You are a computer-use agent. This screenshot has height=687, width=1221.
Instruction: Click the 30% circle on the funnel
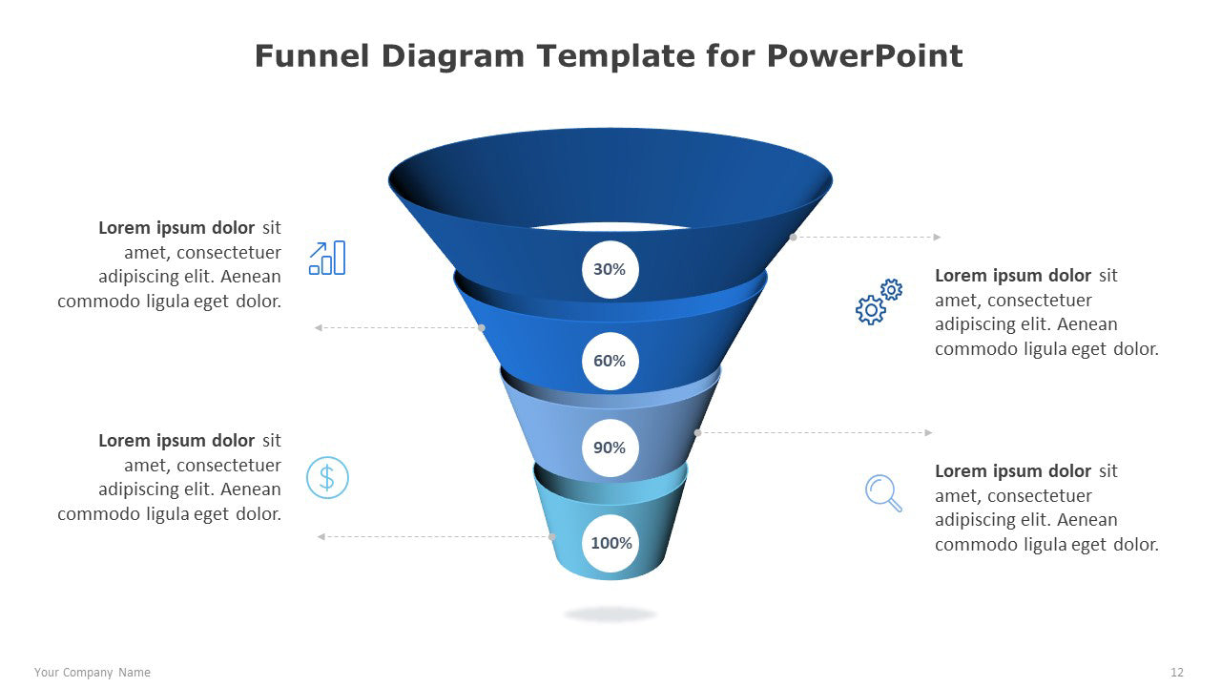pyautogui.click(x=610, y=270)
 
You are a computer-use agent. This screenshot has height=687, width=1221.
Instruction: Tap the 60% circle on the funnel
pyautogui.click(x=610, y=361)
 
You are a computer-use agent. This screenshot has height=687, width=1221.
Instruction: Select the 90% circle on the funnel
pyautogui.click(x=610, y=448)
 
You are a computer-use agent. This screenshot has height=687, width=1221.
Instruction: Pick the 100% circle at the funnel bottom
pyautogui.click(x=610, y=544)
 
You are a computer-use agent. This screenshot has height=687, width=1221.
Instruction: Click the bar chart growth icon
pyautogui.click(x=327, y=258)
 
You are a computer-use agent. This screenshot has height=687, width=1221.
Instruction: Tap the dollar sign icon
pyautogui.click(x=327, y=477)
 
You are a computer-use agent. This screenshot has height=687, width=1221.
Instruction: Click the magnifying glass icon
pyautogui.click(x=883, y=493)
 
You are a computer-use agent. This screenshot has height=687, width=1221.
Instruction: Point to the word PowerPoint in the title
pyautogui.click(x=864, y=56)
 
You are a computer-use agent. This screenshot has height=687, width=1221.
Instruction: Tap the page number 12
pyautogui.click(x=1177, y=673)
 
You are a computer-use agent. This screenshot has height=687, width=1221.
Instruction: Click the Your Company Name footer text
pyautogui.click(x=93, y=673)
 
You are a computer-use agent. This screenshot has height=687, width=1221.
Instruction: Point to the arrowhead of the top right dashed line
pyautogui.click(x=937, y=237)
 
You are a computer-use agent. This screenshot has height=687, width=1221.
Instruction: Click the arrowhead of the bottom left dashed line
pyautogui.click(x=321, y=536)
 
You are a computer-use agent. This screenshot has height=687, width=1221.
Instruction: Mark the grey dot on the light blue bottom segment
pyautogui.click(x=552, y=536)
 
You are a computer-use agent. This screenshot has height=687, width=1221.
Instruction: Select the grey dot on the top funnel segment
pyautogui.click(x=793, y=237)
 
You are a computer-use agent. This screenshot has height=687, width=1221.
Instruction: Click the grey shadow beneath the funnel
pyautogui.click(x=610, y=614)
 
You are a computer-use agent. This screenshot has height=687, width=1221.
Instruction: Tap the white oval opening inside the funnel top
pyautogui.click(x=610, y=227)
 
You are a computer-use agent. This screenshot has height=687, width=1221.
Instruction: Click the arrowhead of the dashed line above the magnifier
pyautogui.click(x=928, y=432)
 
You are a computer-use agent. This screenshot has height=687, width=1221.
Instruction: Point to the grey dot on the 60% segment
pyautogui.click(x=482, y=327)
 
